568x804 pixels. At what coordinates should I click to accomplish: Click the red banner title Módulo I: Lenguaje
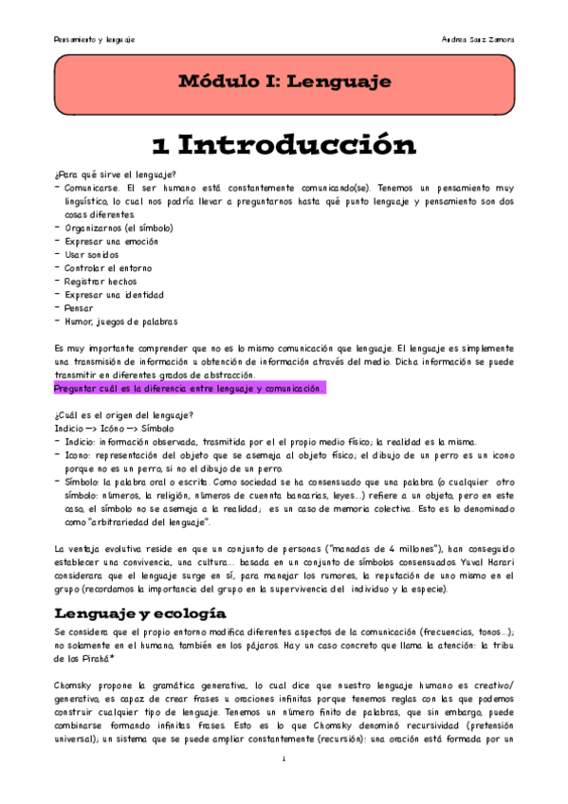pos(284,82)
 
